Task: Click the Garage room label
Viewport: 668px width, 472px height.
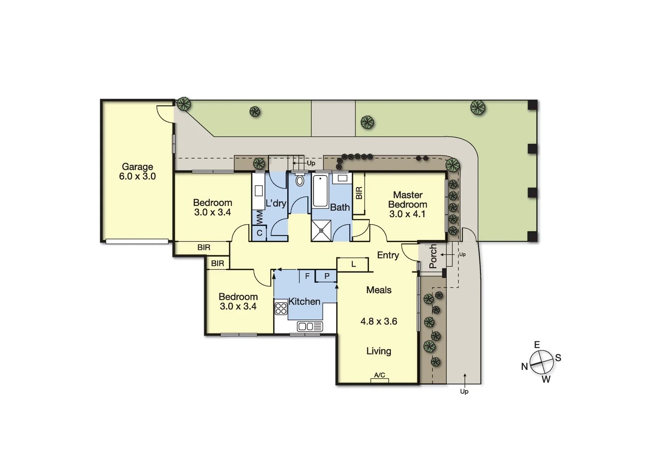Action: click(137, 171)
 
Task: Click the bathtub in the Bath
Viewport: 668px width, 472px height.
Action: click(320, 191)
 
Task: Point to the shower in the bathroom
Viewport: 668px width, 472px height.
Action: click(321, 230)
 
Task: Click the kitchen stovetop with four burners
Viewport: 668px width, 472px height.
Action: click(281, 309)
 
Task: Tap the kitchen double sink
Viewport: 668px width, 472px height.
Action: click(310, 326)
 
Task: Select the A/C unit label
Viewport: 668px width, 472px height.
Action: click(379, 375)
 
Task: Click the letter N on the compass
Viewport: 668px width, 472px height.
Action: click(525, 367)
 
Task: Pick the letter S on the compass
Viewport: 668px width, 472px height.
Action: click(558, 358)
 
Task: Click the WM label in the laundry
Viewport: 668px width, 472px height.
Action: click(259, 217)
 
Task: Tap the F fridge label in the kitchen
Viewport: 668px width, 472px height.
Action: click(307, 276)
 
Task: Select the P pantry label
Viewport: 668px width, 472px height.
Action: click(327, 276)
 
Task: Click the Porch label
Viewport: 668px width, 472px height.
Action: click(433, 256)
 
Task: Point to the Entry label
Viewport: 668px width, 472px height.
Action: click(388, 255)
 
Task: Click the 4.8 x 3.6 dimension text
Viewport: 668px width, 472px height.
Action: click(379, 321)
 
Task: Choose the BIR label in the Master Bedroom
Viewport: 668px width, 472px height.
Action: click(359, 193)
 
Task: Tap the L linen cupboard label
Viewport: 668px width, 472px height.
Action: click(353, 264)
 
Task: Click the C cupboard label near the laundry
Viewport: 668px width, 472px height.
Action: click(259, 233)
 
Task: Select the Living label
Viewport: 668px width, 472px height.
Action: click(379, 351)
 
